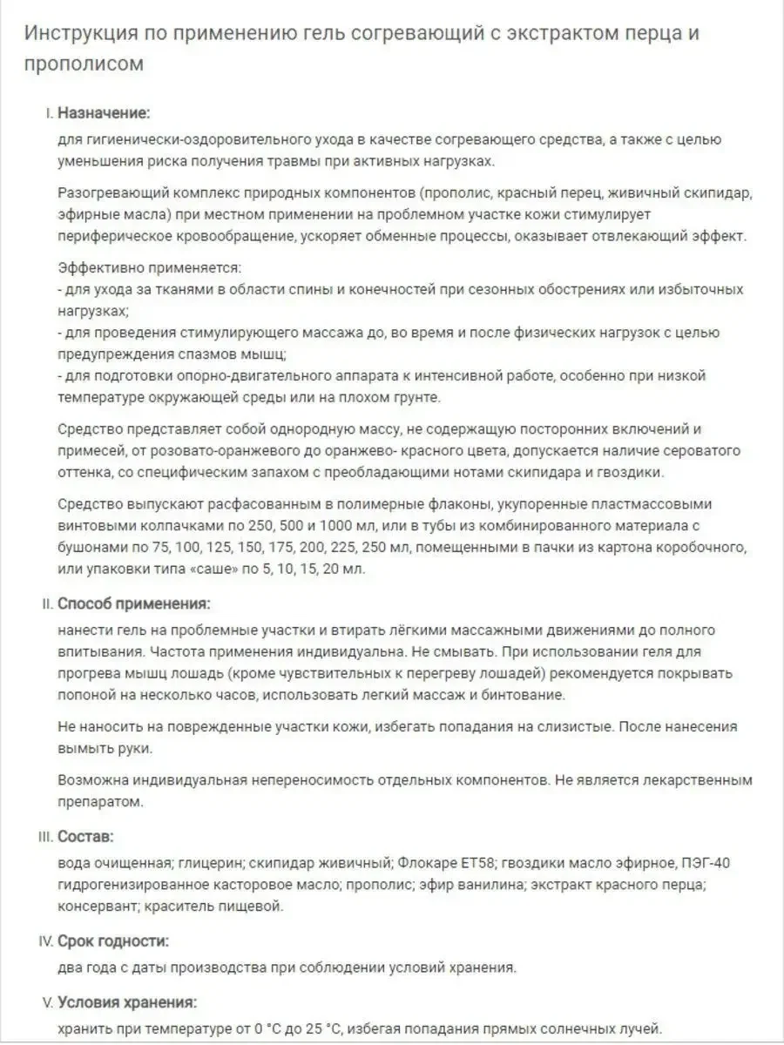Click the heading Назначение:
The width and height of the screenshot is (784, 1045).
click(104, 113)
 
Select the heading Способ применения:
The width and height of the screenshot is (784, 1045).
click(133, 603)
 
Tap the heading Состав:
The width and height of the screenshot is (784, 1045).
click(85, 837)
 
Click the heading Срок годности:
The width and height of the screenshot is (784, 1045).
click(113, 941)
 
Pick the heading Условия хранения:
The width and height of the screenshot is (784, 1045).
click(127, 1001)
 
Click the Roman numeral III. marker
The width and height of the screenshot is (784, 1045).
click(45, 837)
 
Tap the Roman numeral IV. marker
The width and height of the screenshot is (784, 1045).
click(46, 941)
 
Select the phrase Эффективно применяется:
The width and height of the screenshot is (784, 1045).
click(149, 267)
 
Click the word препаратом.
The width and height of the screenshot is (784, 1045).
click(99, 801)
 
